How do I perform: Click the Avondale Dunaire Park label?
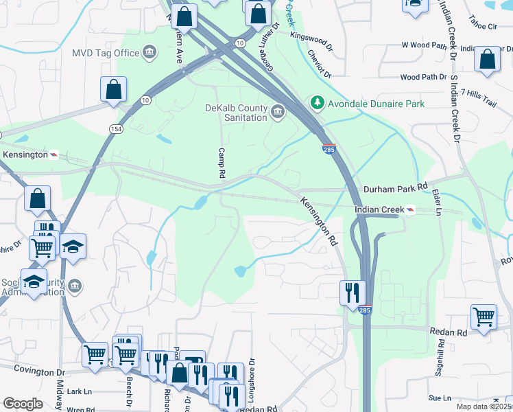377,104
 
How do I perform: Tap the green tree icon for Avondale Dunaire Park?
317,104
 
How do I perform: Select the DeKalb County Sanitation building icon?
278,112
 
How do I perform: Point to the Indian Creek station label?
378,209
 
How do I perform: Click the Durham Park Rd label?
395,186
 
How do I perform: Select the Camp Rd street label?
222,163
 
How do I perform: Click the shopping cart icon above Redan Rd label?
484,317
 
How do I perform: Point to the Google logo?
23,404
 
